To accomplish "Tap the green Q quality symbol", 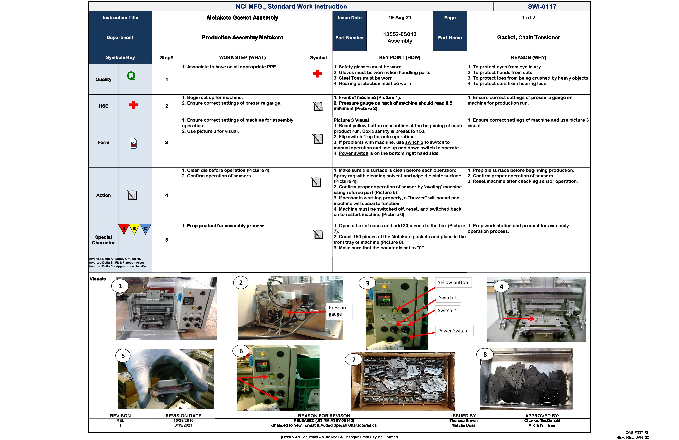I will pos(131,76).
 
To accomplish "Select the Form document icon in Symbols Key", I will pos(133,143).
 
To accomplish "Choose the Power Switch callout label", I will pos(453,331).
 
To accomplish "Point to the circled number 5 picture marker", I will pos(123,356).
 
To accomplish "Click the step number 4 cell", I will pos(167,195).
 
